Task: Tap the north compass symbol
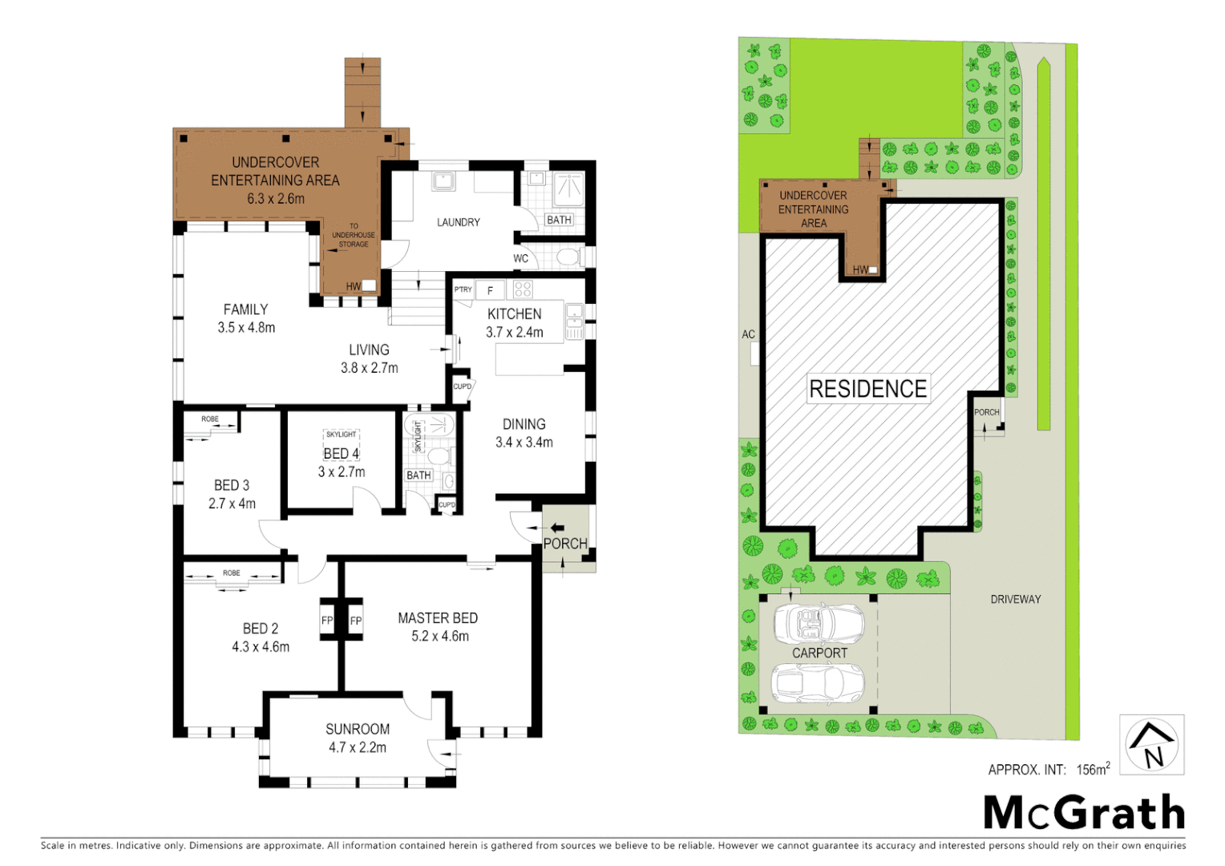pyautogui.click(x=1151, y=745)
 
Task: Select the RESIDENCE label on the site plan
pyautogui.click(x=867, y=389)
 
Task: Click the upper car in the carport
pyautogui.click(x=819, y=623)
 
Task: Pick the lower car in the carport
pyautogui.click(x=817, y=682)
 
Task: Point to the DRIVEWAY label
pyautogui.click(x=1015, y=599)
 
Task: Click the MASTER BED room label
pyautogui.click(x=438, y=618)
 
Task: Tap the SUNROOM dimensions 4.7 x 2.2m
pyautogui.click(x=358, y=747)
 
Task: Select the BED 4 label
pyautogui.click(x=342, y=454)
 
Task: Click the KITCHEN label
pyautogui.click(x=514, y=314)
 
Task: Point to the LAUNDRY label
pyautogui.click(x=458, y=222)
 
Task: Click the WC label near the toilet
pyautogui.click(x=520, y=258)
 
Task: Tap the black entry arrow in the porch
pyautogui.click(x=556, y=528)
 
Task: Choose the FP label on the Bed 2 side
pyautogui.click(x=327, y=621)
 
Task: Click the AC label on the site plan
pyautogui.click(x=748, y=334)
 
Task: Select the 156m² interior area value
pyautogui.click(x=1093, y=769)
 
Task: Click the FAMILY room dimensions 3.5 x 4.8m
pyautogui.click(x=246, y=328)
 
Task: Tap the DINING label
pyautogui.click(x=524, y=424)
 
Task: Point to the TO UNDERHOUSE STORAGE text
pyautogui.click(x=354, y=235)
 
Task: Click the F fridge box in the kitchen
pyautogui.click(x=490, y=290)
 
